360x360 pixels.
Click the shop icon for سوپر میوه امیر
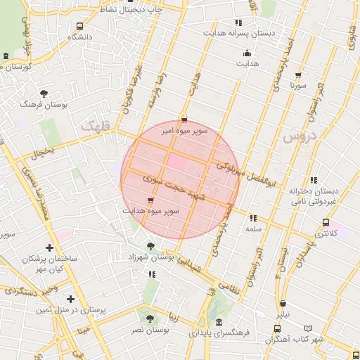[184, 120]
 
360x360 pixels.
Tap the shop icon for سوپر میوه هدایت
[150, 200]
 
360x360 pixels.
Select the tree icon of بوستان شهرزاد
[151, 246]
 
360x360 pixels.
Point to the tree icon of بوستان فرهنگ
[44, 93]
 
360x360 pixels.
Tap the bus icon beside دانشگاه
[79, 26]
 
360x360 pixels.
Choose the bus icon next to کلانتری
[325, 222]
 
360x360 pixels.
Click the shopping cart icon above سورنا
[298, 75]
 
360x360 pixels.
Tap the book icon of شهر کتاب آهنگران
[309, 328]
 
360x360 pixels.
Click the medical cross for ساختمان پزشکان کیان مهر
[49, 247]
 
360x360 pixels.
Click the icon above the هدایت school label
[247, 53]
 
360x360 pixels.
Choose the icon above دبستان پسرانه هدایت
[238, 22]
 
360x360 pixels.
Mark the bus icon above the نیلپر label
[282, 304]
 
